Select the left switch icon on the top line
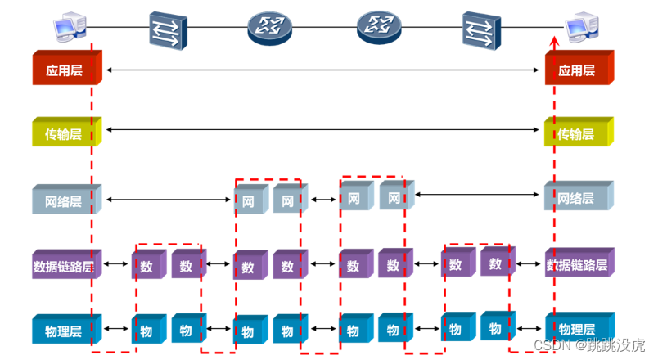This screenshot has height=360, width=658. click(x=168, y=29)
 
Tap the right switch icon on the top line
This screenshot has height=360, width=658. click(x=481, y=29)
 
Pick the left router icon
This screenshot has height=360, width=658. click(x=270, y=28)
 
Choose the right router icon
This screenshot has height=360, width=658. click(x=379, y=28)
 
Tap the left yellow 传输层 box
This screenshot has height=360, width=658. click(x=66, y=133)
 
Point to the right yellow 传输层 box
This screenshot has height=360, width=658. click(x=579, y=133)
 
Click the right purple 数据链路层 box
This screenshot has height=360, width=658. click(x=579, y=265)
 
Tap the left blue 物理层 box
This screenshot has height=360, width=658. click(x=66, y=330)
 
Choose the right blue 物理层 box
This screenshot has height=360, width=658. click(x=579, y=329)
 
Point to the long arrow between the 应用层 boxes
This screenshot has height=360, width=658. click(x=323, y=71)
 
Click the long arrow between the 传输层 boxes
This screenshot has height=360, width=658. click(x=323, y=129)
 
